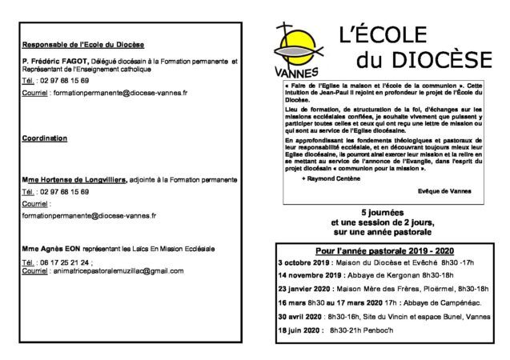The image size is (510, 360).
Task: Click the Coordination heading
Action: point(45,138)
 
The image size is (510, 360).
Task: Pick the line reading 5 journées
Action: point(382,210)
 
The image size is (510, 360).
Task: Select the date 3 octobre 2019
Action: point(303,262)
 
